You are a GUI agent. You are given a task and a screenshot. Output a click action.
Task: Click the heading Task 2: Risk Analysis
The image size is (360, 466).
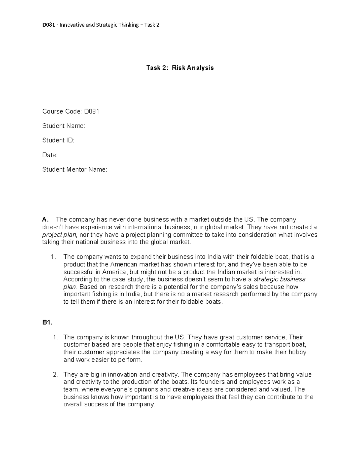[x=180, y=68]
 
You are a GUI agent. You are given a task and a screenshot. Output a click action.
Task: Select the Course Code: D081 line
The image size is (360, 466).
[x=71, y=111]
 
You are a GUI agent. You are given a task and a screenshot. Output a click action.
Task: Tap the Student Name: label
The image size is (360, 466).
[x=64, y=126]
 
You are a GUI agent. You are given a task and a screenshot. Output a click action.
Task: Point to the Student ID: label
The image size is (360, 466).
[x=58, y=140]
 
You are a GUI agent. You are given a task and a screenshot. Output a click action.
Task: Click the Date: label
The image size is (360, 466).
[x=50, y=155]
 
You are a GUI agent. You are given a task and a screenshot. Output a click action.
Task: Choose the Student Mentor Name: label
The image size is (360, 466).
[x=75, y=170]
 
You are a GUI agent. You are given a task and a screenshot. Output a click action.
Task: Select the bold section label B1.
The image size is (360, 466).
[x=47, y=323]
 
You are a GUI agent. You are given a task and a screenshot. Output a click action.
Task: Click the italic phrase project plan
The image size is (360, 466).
[x=60, y=235]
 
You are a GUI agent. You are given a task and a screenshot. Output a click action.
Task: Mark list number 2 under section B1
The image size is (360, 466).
[x=55, y=374]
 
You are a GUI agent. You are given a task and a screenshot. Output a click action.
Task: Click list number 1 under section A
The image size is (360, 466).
[x=53, y=257]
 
